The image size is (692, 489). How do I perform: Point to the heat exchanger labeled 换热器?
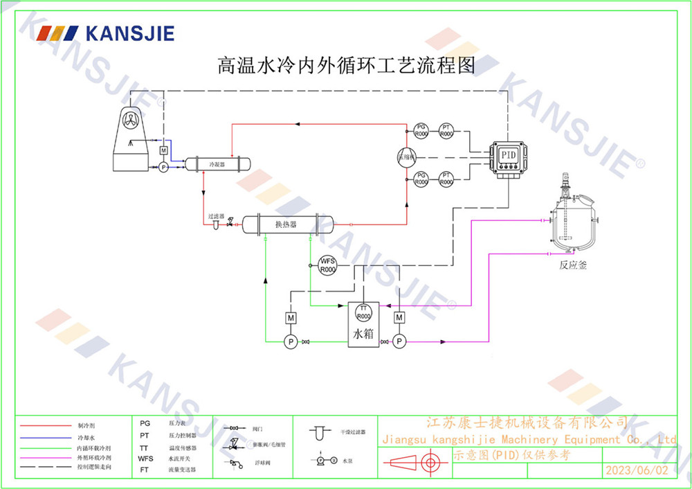point(286,224)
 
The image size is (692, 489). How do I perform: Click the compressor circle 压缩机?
point(406,157)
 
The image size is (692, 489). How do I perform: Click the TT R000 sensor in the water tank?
point(364,312)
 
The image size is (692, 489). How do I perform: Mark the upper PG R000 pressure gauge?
point(421,130)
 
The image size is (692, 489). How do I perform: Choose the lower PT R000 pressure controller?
point(446,179)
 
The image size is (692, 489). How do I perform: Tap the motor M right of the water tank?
point(399,317)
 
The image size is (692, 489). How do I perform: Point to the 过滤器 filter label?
point(215,215)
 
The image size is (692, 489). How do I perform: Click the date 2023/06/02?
point(637,470)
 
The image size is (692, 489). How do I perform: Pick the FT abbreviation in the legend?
point(144,469)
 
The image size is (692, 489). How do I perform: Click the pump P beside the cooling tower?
point(163,167)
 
